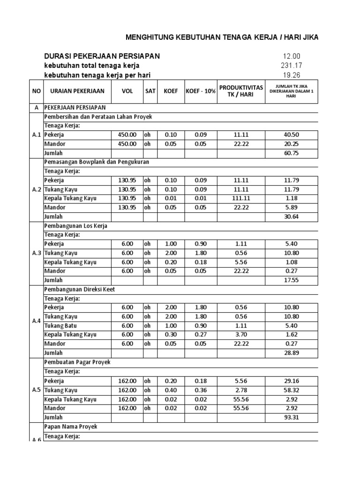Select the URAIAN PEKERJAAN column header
(77, 91)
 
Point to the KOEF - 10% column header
(200, 91)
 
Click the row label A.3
(37, 253)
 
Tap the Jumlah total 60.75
(291, 153)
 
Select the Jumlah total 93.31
(291, 417)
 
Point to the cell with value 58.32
(291, 390)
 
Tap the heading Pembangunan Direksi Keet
(79, 289)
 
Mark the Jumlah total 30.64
(291, 217)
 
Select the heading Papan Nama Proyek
(71, 427)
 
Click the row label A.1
(37, 135)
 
